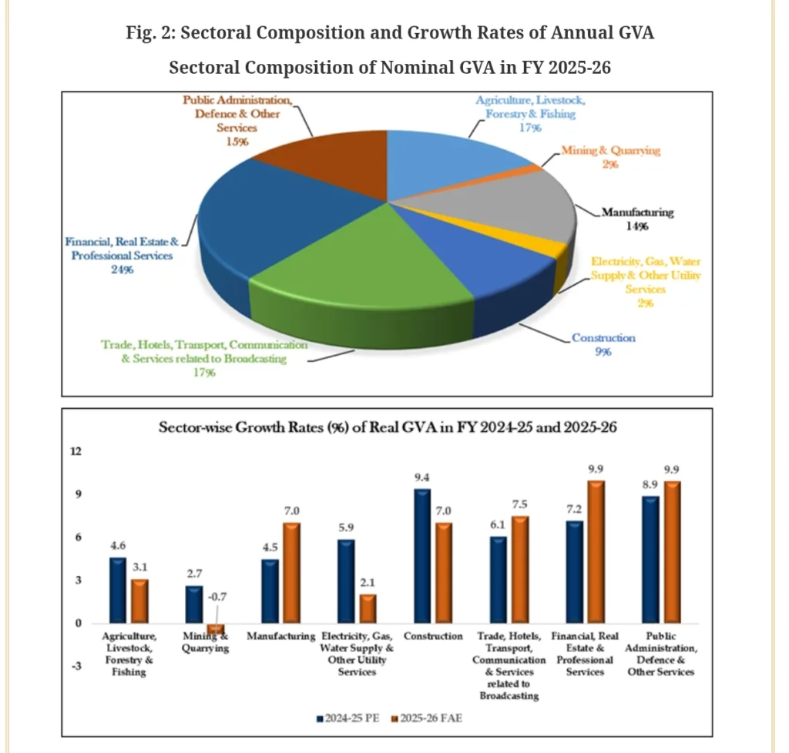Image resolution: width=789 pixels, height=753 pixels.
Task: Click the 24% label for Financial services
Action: coord(123,269)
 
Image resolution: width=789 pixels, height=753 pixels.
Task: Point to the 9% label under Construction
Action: coord(603,352)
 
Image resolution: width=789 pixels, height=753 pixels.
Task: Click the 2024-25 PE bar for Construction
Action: coord(422,555)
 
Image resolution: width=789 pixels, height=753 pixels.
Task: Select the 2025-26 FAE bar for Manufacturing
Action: coord(292,573)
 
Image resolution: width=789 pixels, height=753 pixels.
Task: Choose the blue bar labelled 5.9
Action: coord(346,581)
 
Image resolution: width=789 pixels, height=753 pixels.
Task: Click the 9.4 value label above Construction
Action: coord(422,478)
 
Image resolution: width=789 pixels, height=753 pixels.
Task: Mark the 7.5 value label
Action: coord(521,504)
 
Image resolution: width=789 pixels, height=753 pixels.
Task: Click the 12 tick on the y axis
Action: coord(76,451)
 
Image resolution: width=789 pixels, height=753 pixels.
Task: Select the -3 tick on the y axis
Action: coord(76,668)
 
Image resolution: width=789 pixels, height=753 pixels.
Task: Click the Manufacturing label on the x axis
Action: coord(281,637)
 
